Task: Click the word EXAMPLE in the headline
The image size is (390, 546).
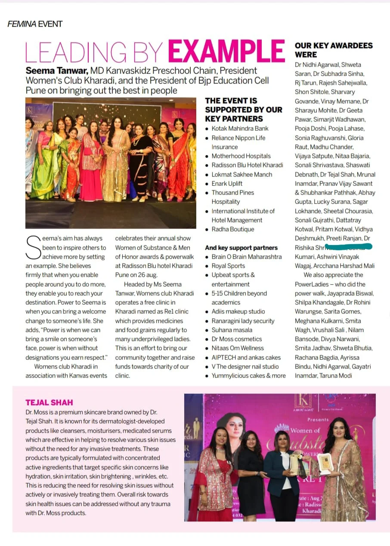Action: (x=226, y=52)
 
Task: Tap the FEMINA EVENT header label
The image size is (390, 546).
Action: (x=35, y=24)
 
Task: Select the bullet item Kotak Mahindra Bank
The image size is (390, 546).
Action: (x=240, y=128)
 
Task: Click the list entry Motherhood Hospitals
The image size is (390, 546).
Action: (x=241, y=156)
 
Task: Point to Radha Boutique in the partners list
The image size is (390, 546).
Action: (x=232, y=229)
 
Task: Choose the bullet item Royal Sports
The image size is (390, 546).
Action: (x=228, y=266)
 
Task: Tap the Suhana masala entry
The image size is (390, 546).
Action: (x=232, y=330)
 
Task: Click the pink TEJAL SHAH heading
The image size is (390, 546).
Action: (x=49, y=403)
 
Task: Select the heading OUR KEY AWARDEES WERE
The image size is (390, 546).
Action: (x=334, y=50)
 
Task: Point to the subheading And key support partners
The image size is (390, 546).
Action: (x=241, y=248)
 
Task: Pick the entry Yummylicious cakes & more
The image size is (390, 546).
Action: (x=248, y=375)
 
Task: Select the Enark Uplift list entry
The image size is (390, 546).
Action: (x=227, y=183)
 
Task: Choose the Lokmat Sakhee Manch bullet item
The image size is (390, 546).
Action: (x=241, y=174)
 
